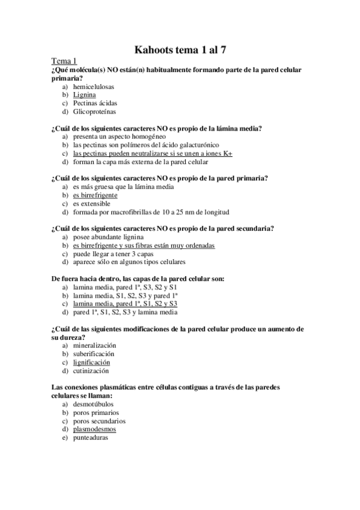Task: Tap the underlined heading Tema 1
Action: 64,61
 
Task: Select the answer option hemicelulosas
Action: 94,87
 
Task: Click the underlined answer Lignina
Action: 84,95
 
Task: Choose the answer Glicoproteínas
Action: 95,111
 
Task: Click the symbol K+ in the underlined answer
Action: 227,153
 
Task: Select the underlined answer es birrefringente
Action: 96,195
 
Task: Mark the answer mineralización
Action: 94,345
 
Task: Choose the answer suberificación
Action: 95,354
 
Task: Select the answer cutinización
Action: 92,370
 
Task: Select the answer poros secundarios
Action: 99,421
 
